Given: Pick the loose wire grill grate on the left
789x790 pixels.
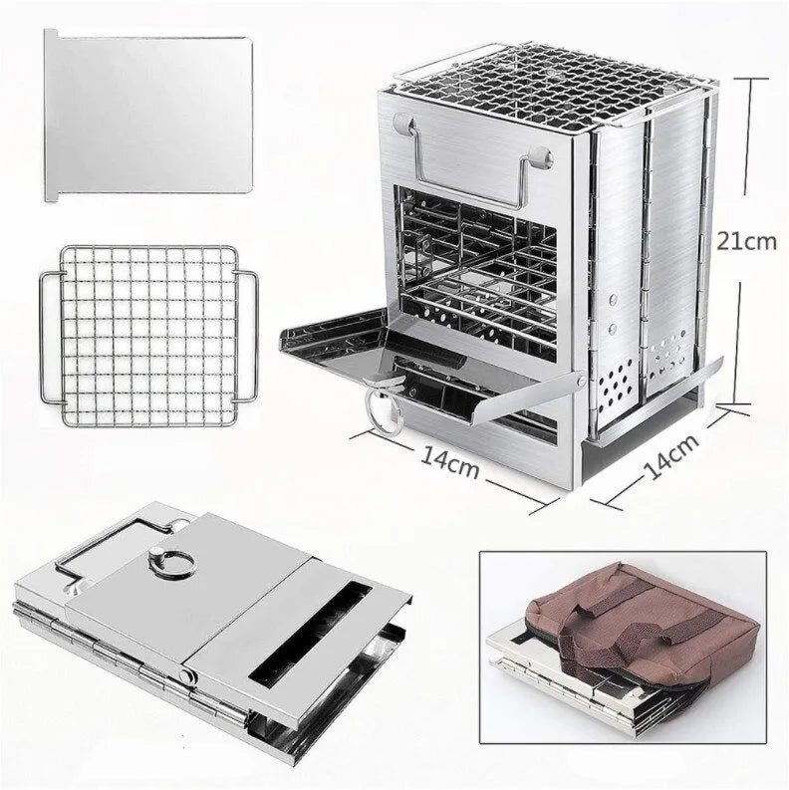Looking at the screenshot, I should (147, 335).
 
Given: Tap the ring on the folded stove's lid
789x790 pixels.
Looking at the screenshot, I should (162, 563).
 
